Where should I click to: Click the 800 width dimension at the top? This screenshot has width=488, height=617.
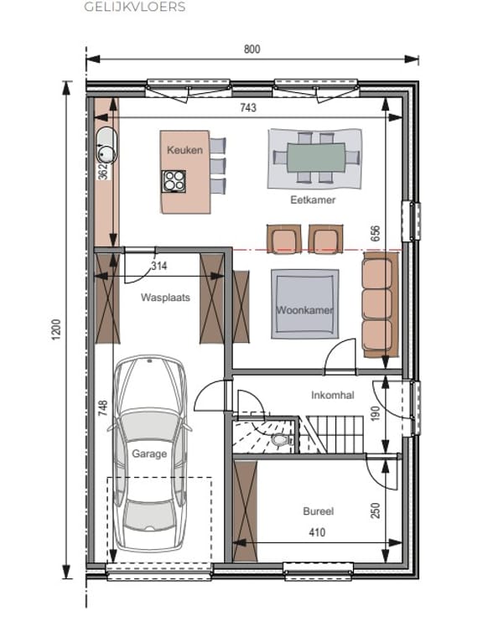[252, 49]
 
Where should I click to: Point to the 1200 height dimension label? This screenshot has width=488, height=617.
[56, 329]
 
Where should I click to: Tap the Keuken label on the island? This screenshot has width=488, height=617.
[184, 150]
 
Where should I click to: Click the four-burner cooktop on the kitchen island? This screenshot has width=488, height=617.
[174, 181]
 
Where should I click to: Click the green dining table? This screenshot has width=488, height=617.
[316, 158]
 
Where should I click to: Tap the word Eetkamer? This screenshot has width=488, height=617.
[313, 200]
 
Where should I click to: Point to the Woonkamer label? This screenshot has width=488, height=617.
[304, 310]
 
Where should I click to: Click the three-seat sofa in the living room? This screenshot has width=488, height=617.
[379, 305]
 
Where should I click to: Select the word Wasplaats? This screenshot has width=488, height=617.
[165, 298]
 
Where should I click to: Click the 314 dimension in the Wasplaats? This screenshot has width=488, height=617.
[159, 266]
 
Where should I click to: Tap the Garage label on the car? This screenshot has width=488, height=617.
[149, 454]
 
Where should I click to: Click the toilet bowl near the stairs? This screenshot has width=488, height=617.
[279, 439]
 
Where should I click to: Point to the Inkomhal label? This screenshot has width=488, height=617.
[333, 395]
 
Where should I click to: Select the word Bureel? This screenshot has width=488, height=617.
[319, 511]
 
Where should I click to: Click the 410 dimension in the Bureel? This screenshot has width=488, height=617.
[317, 532]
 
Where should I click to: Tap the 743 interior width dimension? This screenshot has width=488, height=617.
[248, 107]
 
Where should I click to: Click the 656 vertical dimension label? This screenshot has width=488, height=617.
[376, 233]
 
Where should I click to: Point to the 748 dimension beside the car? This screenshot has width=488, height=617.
[102, 408]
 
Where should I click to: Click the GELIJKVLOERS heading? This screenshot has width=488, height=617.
[135, 7]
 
